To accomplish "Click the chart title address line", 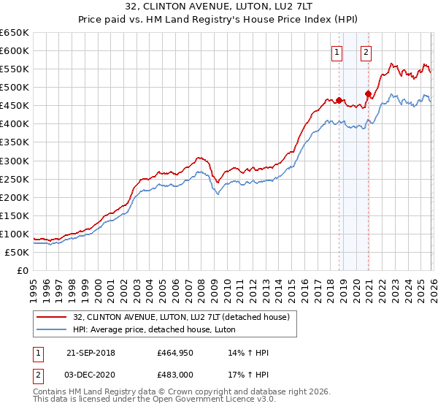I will pos(219,7).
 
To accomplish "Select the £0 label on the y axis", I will pos(23,270).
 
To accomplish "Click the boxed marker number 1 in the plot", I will pos(337,52).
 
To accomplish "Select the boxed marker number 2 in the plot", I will pos(366,52).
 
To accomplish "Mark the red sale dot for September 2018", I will pos(339,100).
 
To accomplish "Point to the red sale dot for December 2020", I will pos(368,93).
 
